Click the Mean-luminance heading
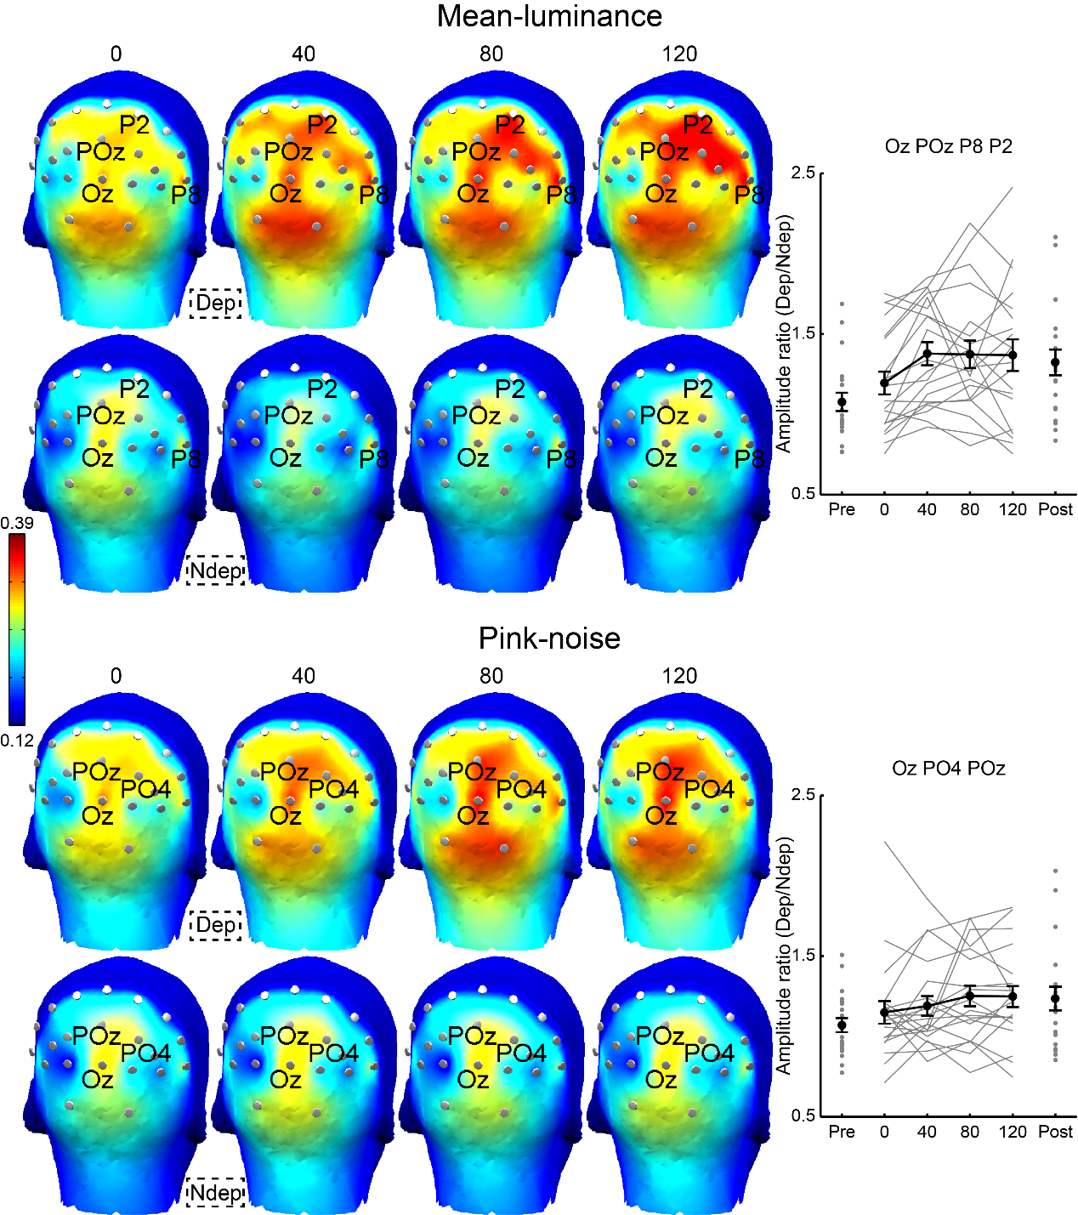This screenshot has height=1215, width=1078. coord(549,16)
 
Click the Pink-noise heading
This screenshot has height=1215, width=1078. coord(549,638)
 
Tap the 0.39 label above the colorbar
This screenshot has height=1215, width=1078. coord(17,523)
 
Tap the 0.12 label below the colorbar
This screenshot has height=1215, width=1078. coord(17,741)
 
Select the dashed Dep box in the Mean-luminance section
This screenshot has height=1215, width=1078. coord(216,303)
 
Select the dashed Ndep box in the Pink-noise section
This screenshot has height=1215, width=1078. coord(216,1192)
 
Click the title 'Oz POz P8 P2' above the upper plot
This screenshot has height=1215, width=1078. coord(948,146)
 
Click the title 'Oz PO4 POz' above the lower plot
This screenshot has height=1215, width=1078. coord(948,769)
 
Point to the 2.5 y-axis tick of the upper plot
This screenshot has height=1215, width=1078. coord(803,173)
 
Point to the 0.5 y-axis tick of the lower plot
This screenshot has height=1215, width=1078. coord(803,1116)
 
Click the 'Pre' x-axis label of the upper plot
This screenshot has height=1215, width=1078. coord(842,509)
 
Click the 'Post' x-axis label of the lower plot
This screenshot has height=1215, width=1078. coord(1055,1132)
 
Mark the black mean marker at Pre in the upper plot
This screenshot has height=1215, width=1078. coord(842,402)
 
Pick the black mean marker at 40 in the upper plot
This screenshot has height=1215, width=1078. coord(928,354)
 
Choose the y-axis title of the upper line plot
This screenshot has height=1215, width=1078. coord(783,333)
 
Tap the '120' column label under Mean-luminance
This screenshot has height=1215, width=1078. coord(679,54)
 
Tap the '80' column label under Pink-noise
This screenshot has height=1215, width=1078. coord(491,676)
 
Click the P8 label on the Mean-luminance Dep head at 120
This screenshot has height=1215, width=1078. coord(748,196)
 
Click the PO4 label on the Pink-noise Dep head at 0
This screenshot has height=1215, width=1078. coord(145,789)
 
